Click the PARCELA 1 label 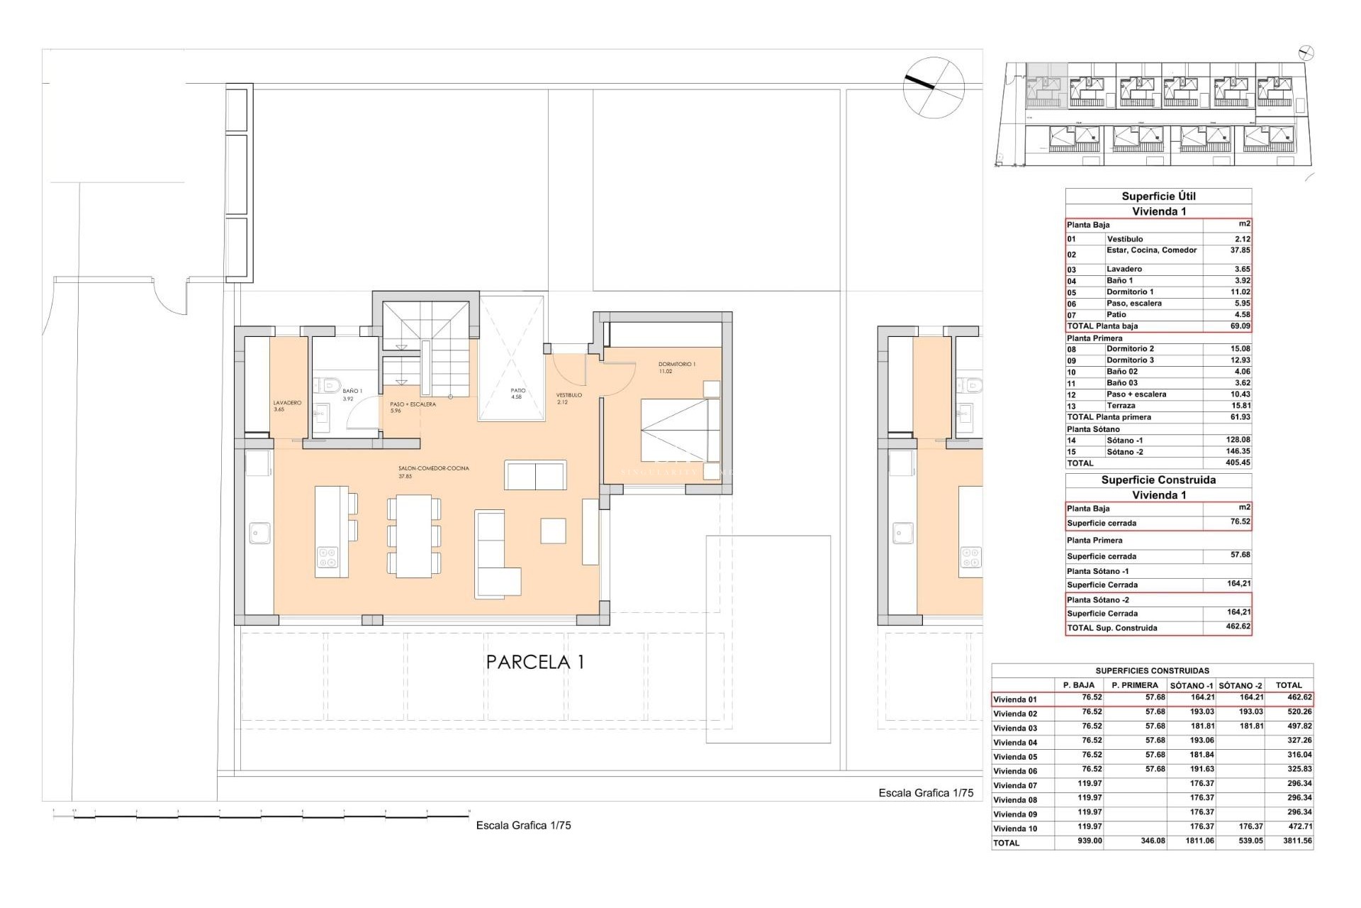point(535,662)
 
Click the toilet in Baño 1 point(327,386)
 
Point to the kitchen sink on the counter point(260,533)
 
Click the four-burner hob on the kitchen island point(327,558)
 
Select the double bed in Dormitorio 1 point(680,430)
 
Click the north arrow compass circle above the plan point(934,87)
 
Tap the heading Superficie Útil point(1158,196)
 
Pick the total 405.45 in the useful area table point(1238,463)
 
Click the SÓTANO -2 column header point(1240,685)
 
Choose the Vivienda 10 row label point(1015,829)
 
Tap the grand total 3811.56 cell point(1294,841)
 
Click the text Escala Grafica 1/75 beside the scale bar point(523,825)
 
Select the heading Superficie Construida point(1158,480)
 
